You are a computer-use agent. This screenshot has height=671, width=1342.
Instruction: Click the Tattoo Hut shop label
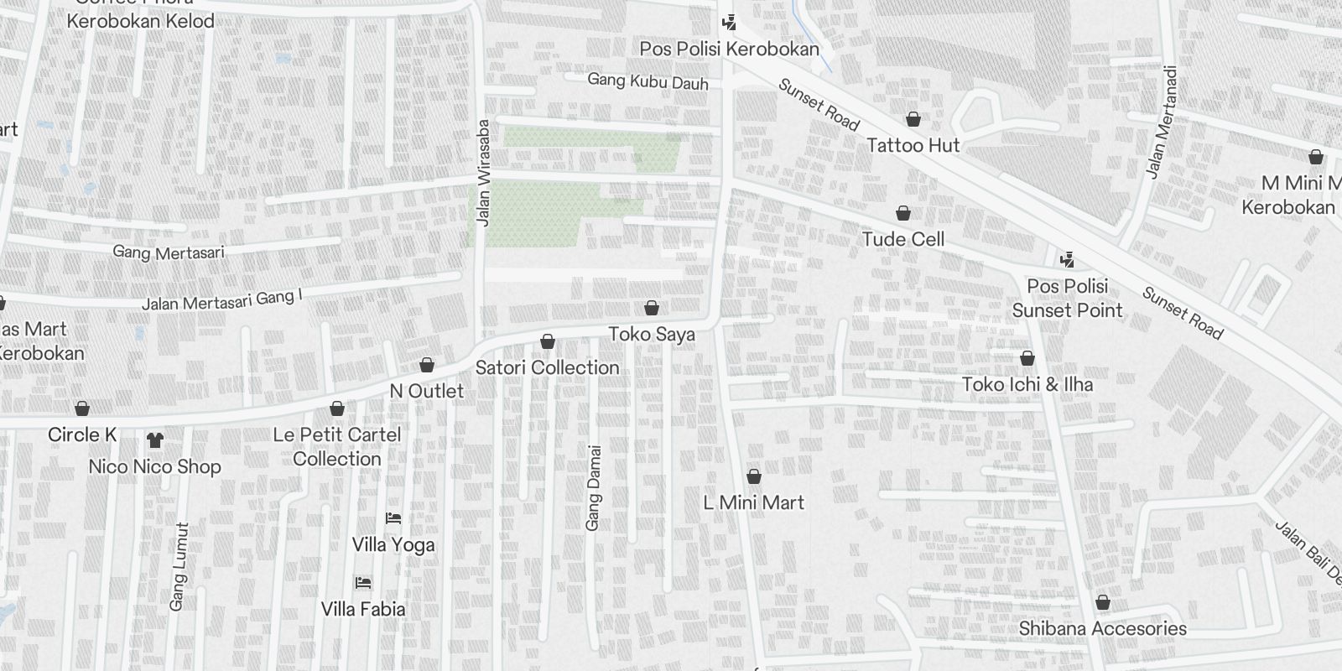coord(913,145)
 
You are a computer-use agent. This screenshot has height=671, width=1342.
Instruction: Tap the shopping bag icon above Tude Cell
coord(903,213)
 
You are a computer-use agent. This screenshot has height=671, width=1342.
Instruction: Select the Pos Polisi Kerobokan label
coord(729,49)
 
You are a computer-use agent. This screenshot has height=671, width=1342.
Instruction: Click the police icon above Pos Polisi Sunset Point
coord(1067,259)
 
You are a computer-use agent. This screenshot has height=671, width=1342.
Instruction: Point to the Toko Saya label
coord(652,334)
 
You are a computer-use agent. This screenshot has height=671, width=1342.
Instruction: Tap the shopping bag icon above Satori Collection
coord(548,341)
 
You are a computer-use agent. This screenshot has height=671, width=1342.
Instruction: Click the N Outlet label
coord(427,391)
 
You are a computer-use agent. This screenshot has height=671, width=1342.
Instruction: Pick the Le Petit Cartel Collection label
coord(337,446)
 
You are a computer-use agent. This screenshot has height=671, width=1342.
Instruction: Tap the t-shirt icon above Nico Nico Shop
coord(154,440)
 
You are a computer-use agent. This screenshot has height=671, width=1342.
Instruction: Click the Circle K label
coord(82,434)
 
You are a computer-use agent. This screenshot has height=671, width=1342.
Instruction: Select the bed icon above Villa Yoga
coord(393,518)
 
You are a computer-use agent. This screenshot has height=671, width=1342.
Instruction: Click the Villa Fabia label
coord(363,609)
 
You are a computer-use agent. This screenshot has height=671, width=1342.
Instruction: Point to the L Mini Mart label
coord(754,502)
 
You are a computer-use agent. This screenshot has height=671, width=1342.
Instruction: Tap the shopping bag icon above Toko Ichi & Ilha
coord(1027,358)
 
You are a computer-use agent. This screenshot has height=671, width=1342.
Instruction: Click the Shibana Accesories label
coord(1103,628)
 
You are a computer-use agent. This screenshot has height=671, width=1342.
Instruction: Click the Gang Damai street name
coord(594,486)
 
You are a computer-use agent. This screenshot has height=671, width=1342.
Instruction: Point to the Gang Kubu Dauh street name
coord(648,81)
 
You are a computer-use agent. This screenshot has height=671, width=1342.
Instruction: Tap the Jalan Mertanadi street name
coord(1162,122)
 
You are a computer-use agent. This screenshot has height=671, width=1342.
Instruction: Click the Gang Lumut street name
coord(179,567)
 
